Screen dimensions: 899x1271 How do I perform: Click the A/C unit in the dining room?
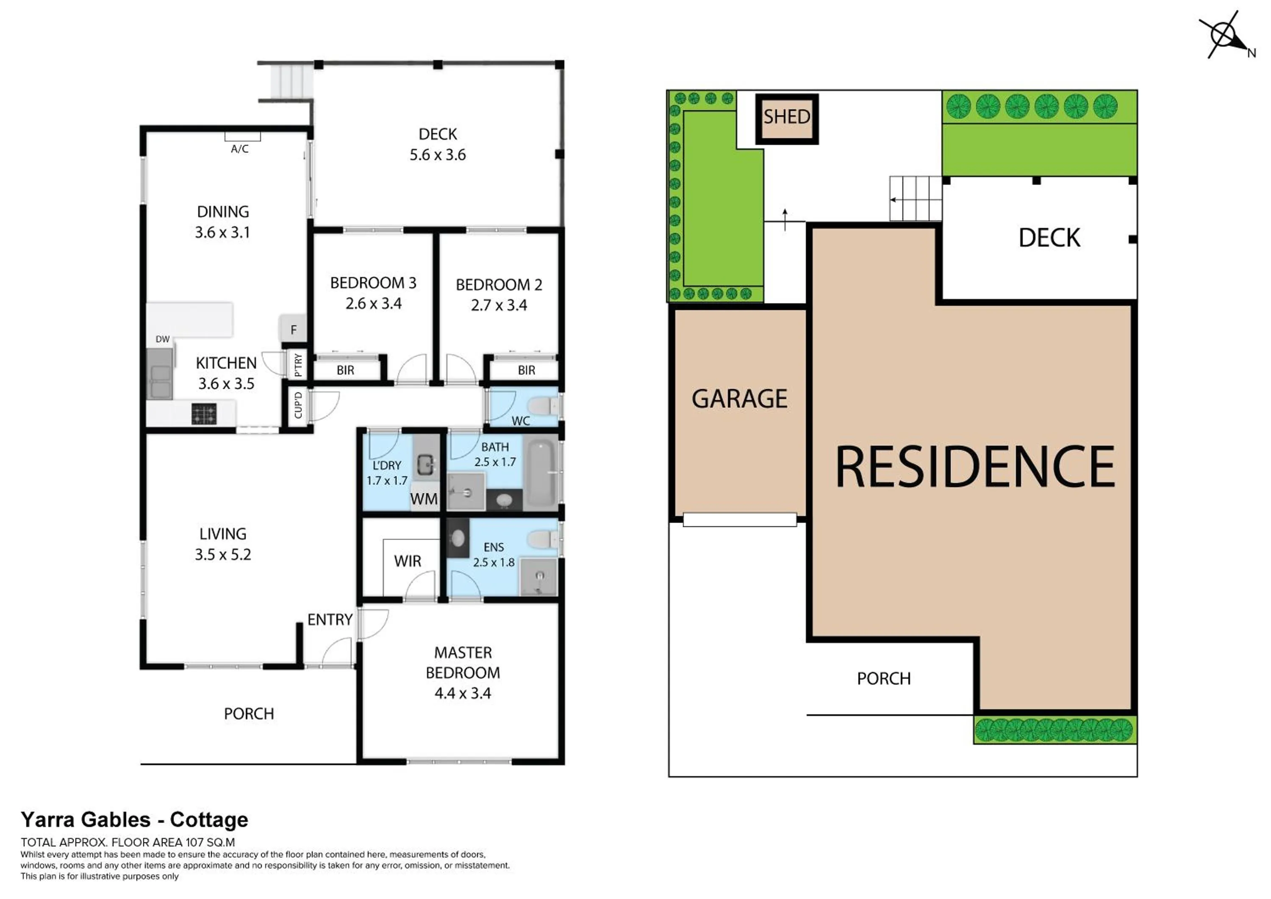pyautogui.click(x=242, y=137)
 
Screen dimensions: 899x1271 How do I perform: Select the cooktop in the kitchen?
pyautogui.click(x=204, y=414)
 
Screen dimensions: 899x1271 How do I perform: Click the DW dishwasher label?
pyautogui.click(x=162, y=339)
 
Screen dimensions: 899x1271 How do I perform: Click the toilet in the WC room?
pyautogui.click(x=545, y=407)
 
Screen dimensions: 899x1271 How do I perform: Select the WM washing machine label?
pyautogui.click(x=424, y=499)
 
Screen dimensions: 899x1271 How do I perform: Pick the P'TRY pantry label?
pyautogui.click(x=298, y=365)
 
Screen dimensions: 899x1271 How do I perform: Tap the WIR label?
pyautogui.click(x=408, y=561)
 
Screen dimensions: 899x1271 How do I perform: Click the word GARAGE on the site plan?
pyautogui.click(x=739, y=399)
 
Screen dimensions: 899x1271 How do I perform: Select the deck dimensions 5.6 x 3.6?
pyautogui.click(x=437, y=155)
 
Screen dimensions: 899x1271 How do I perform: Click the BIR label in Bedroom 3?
pyautogui.click(x=345, y=370)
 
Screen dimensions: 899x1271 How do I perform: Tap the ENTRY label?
pyautogui.click(x=330, y=620)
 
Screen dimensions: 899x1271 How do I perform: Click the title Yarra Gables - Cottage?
pyautogui.click(x=135, y=819)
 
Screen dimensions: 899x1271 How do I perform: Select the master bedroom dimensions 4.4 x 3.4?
pyautogui.click(x=463, y=693)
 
